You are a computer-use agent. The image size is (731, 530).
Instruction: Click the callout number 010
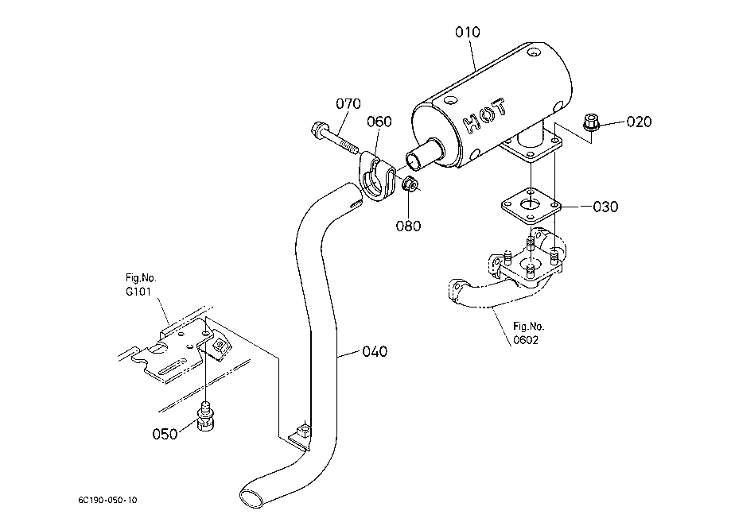pyautogui.click(x=468, y=32)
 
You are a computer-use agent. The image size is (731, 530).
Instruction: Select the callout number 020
pyautogui.click(x=639, y=122)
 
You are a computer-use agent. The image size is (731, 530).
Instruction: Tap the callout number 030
pyautogui.click(x=605, y=207)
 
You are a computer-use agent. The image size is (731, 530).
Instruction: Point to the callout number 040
pyautogui.click(x=375, y=351)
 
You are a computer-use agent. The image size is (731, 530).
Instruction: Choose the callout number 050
pyautogui.click(x=165, y=434)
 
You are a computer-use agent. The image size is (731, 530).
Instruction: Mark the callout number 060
pyautogui.click(x=379, y=122)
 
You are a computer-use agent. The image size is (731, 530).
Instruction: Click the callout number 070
pyautogui.click(x=348, y=103)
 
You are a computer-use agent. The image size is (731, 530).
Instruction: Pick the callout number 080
pyautogui.click(x=408, y=226)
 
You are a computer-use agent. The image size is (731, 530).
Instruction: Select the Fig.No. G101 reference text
pyautogui.click(x=141, y=284)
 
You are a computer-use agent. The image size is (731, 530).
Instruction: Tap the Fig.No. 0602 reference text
pyautogui.click(x=528, y=333)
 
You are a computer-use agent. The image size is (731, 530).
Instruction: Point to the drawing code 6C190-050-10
pyautogui.click(x=107, y=500)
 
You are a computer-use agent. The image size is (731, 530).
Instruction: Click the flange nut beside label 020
pyautogui.click(x=591, y=122)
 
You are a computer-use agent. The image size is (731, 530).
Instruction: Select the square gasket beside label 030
pyautogui.click(x=531, y=205)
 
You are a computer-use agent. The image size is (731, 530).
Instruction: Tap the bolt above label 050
pyautogui.click(x=205, y=416)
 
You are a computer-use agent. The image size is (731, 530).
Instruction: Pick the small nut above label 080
pyautogui.click(x=410, y=184)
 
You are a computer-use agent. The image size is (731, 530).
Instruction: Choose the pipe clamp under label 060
pyautogui.click(x=377, y=176)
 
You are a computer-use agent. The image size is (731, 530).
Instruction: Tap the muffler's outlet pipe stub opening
pyautogui.click(x=414, y=161)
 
